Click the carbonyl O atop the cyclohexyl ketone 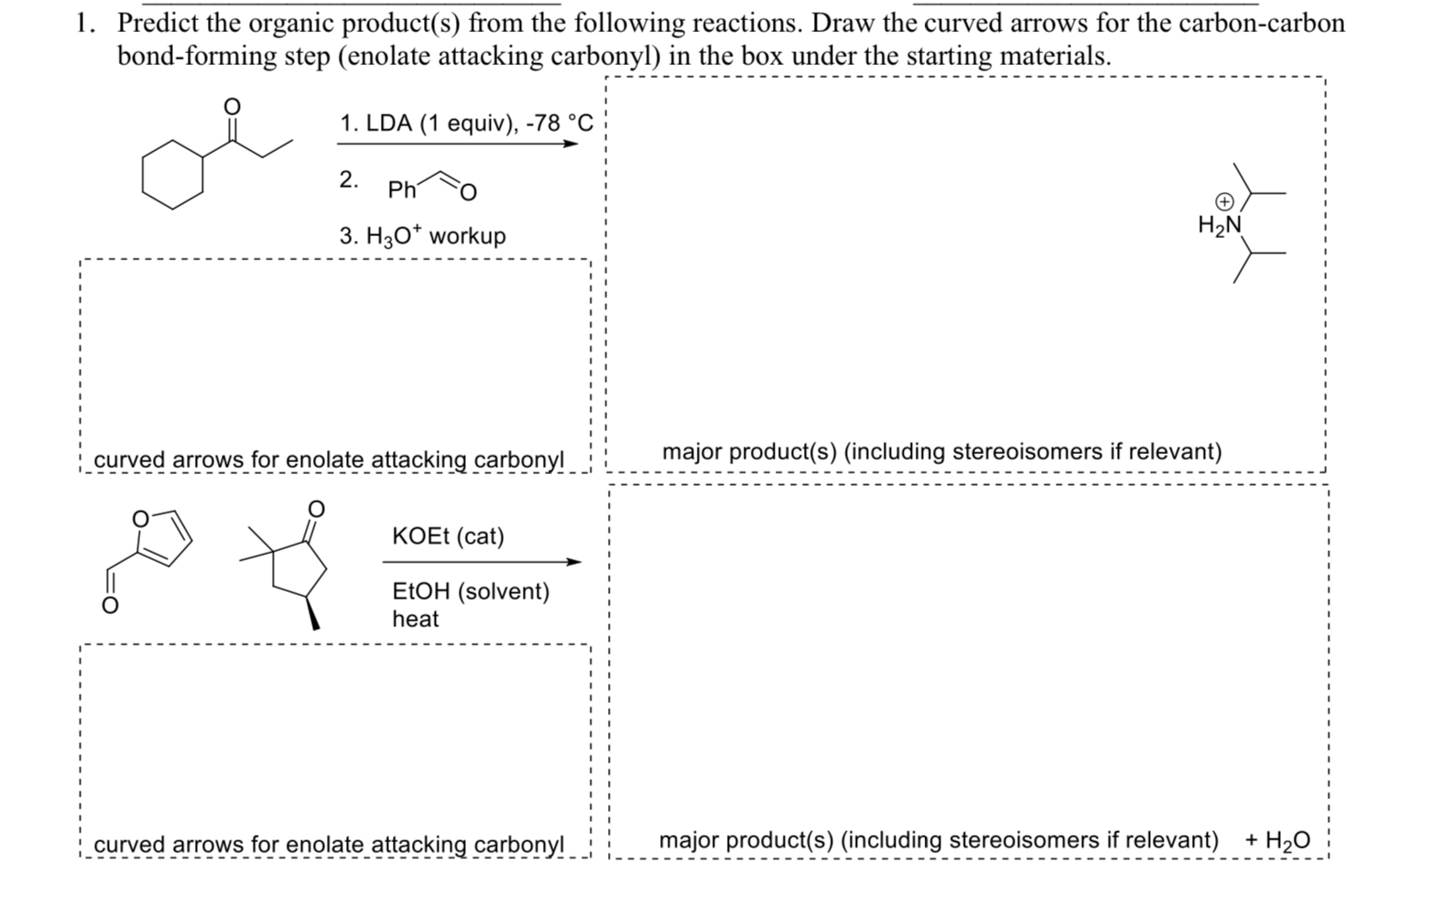pos(233,107)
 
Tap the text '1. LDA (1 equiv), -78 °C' pos(466,123)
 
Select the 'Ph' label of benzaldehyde pos(401,190)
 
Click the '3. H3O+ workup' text pos(422,236)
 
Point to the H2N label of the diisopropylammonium pos(1219,224)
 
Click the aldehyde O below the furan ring pos(109,606)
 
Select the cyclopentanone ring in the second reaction pos(298,568)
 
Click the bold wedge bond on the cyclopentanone pos(311,612)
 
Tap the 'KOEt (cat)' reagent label pos(448,536)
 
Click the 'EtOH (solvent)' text pos(471,591)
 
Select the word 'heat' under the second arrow pos(415,619)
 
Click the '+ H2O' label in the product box pos(1277,840)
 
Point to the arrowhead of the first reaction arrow pos(571,144)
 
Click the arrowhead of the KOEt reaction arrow pos(573,562)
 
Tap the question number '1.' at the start pos(87,23)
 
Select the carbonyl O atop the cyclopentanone pos(316,507)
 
